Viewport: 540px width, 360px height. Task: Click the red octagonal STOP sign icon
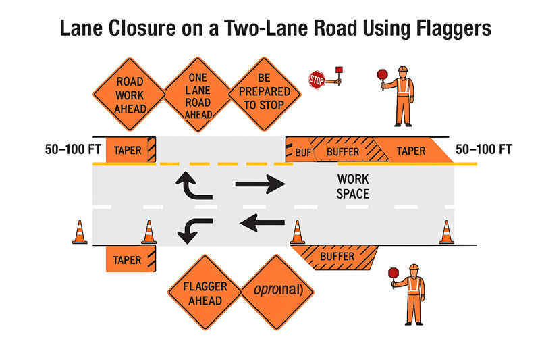click(317, 80)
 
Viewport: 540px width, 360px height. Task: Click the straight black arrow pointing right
click(261, 183)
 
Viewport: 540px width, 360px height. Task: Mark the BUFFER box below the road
click(337, 257)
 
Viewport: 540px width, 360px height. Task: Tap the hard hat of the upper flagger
click(403, 70)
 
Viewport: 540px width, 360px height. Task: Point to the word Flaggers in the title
click(443, 29)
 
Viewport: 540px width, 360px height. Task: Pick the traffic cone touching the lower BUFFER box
click(296, 232)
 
